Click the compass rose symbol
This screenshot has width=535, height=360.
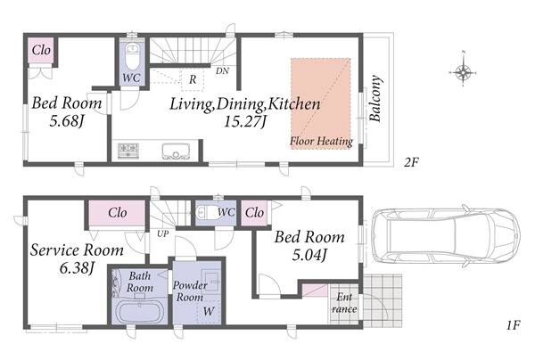coord(463,72)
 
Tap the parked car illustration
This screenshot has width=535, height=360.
coord(447,235)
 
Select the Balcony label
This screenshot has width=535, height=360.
coord(375,99)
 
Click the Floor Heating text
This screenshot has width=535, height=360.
coord(321,141)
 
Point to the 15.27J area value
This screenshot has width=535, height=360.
coord(244,121)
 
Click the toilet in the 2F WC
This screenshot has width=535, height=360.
coord(132,56)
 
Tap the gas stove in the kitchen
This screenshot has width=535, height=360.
coord(128,151)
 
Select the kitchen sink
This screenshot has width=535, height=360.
coord(176,151)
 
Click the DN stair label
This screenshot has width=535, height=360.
coord(222,71)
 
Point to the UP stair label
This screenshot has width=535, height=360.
coord(163,234)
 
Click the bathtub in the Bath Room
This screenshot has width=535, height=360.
coord(140,312)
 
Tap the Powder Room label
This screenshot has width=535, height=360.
coord(190,290)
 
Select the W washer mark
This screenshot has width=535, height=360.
coord(209,311)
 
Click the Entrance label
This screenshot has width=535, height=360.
coord(344,303)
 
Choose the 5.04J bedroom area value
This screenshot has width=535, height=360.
coord(309,255)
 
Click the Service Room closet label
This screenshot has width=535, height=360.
coord(118,213)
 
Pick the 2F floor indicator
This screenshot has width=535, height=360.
coord(411,162)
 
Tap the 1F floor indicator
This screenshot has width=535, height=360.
coord(513,325)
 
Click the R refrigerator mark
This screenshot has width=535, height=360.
coord(193,79)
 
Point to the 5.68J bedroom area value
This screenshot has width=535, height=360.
coord(67,121)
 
